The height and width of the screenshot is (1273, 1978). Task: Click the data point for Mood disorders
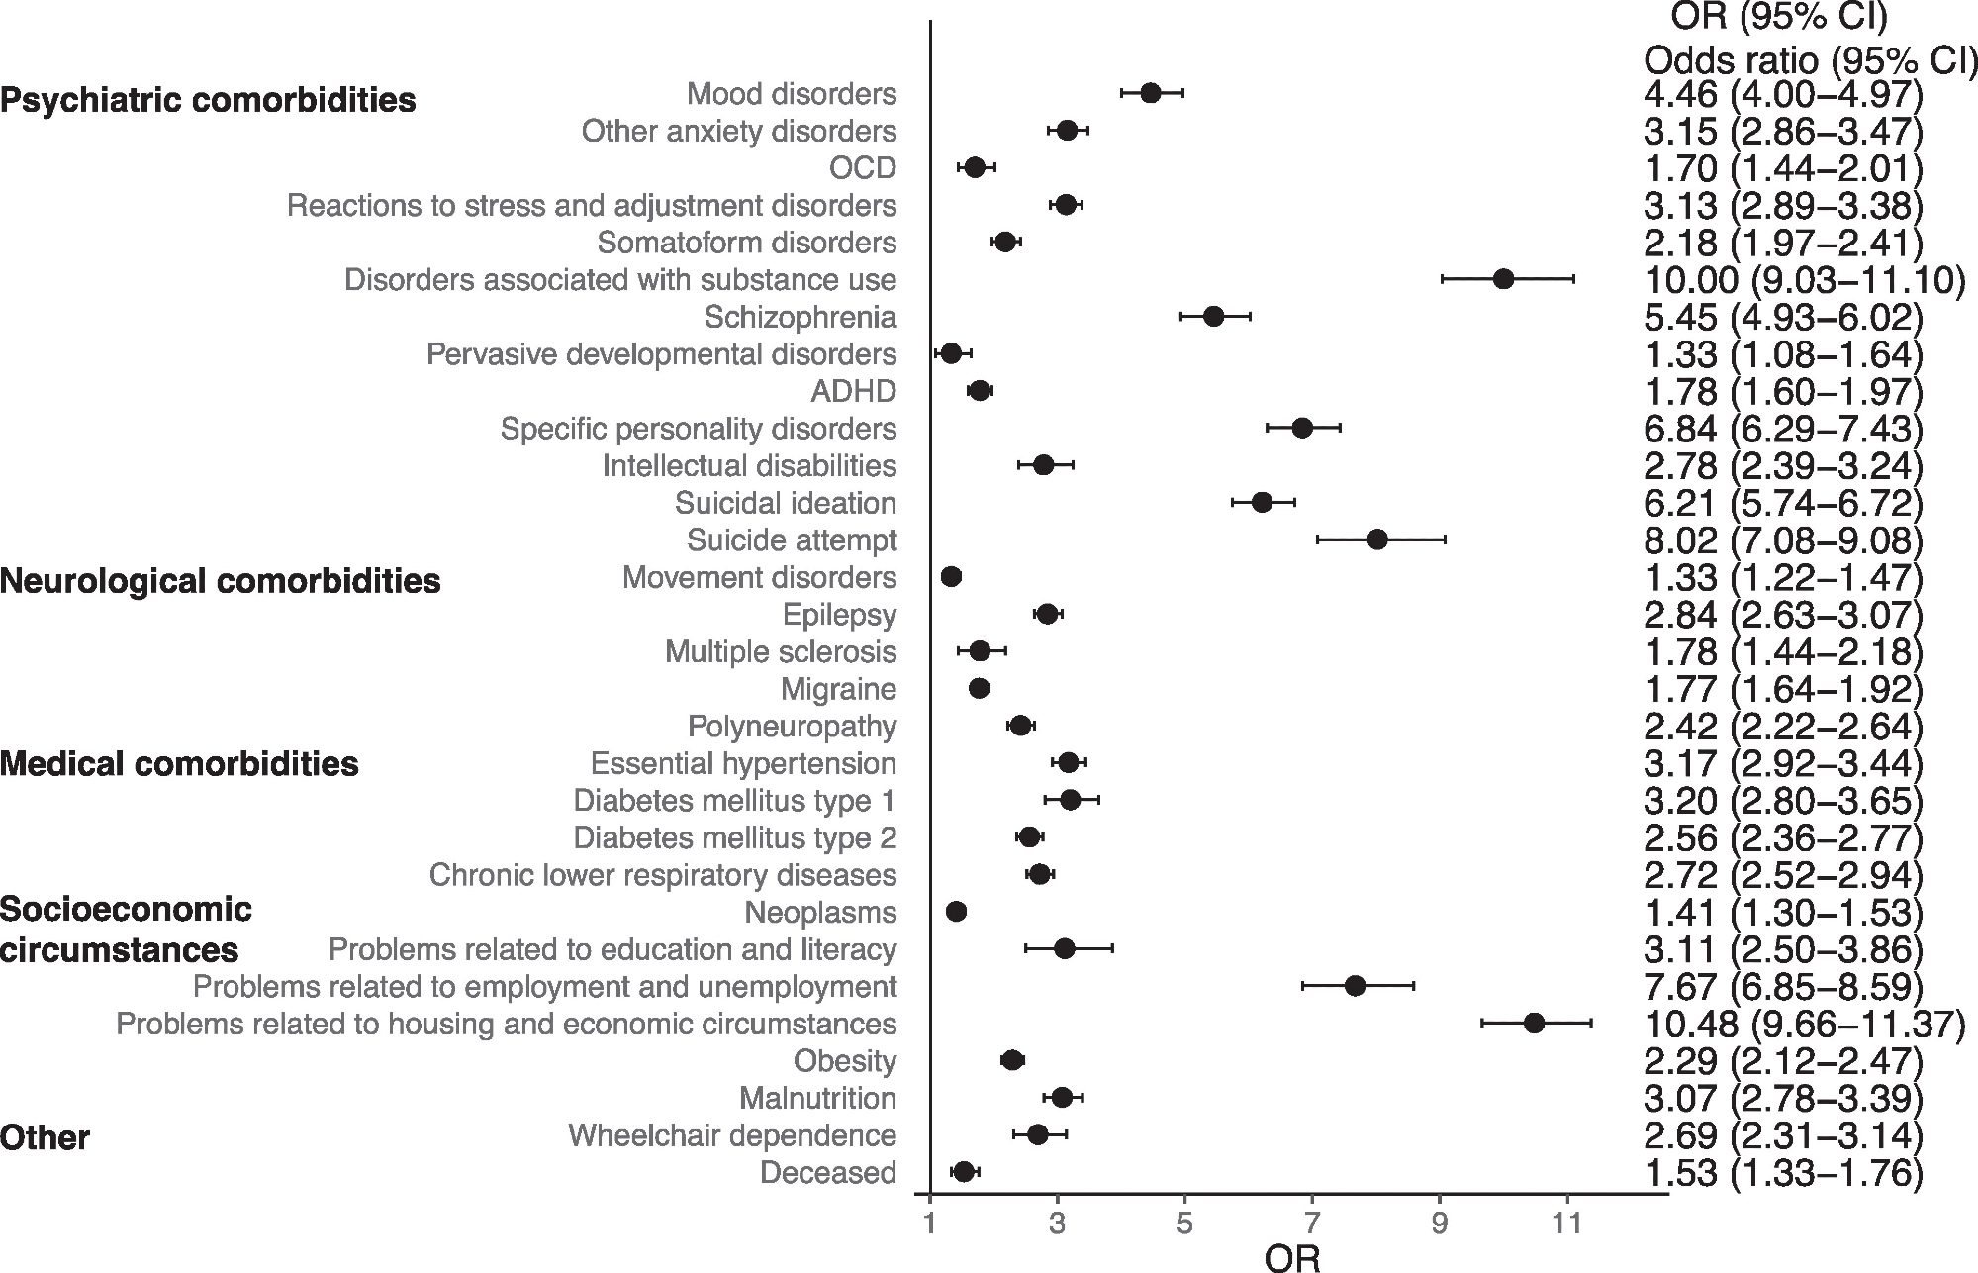[1150, 93]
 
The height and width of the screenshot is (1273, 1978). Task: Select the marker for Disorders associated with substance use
[1503, 279]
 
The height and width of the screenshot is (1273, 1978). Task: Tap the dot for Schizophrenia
[1213, 317]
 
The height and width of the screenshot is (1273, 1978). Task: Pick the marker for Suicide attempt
[1376, 539]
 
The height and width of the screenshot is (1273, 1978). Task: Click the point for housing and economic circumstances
[1534, 1024]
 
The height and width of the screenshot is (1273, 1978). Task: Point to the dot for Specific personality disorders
[1302, 428]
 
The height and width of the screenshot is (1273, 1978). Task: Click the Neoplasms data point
[956, 912]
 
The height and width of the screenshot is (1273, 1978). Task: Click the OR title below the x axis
[1292, 1257]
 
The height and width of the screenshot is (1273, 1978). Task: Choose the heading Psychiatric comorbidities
[208, 101]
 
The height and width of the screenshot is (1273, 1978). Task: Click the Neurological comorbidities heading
[221, 581]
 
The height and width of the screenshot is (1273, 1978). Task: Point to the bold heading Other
[45, 1138]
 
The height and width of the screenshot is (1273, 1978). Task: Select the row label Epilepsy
[839, 615]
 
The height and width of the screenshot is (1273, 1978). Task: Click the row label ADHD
[853, 392]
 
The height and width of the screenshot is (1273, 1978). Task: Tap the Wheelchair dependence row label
[732, 1135]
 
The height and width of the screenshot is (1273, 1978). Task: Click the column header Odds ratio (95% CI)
[1810, 61]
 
